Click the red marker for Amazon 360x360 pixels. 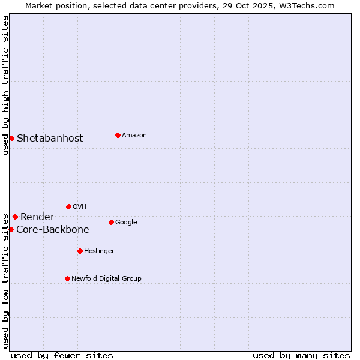[x=118, y=135]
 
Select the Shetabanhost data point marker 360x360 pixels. [x=11, y=138]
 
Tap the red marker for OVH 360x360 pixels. [x=68, y=206]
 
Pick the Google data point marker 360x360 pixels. [x=111, y=222]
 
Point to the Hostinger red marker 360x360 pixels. [x=80, y=251]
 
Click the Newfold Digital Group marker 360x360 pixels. [x=67, y=278]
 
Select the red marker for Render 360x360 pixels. [x=15, y=217]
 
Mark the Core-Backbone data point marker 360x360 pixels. [x=11, y=229]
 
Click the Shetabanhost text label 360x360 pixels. [x=50, y=138]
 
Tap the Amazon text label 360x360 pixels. [x=134, y=135]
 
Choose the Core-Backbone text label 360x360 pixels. [x=53, y=229]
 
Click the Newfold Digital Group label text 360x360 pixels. [x=106, y=278]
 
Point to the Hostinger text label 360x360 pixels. [x=99, y=251]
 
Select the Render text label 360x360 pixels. [x=37, y=217]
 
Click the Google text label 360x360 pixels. [x=126, y=222]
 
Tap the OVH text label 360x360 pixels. [x=80, y=206]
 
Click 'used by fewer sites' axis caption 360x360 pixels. [x=62, y=355]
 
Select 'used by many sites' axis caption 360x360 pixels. [x=301, y=355]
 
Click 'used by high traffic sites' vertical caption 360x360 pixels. [x=5, y=85]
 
